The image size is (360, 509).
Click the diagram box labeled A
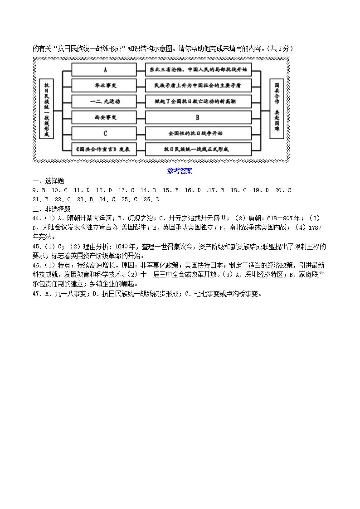[x=104, y=70]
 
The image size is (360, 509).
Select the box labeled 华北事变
[x=104, y=85]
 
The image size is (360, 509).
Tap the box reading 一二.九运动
[x=104, y=101]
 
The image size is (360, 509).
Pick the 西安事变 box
[x=104, y=117]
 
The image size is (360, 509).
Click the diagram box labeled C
[x=104, y=133]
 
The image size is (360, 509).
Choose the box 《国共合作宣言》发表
[x=104, y=149]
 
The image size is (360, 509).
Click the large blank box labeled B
[x=198, y=117]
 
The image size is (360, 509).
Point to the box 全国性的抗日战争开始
[x=198, y=133]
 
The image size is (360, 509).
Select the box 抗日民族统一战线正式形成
[x=198, y=149]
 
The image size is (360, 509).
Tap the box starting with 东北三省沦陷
[x=198, y=70]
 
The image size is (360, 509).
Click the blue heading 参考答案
[x=180, y=171]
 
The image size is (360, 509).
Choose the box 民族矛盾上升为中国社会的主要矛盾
[x=198, y=85]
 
